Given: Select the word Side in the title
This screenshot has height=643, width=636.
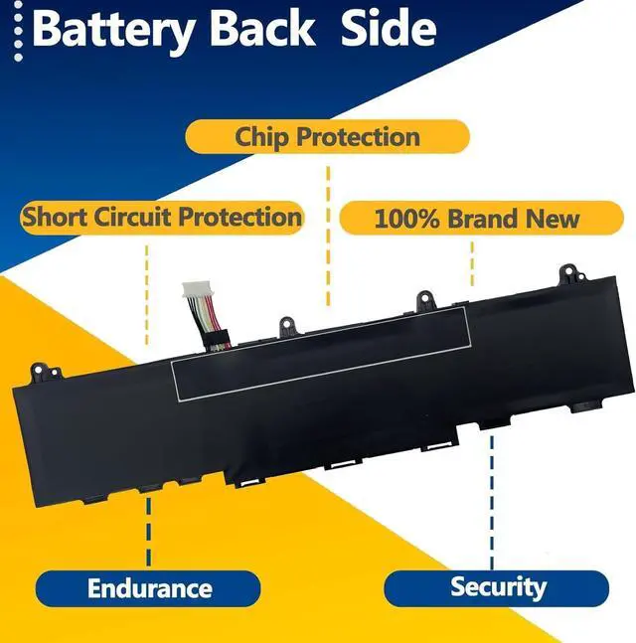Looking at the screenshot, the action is [x=388, y=29].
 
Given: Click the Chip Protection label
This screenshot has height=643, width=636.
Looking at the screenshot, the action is [x=327, y=137].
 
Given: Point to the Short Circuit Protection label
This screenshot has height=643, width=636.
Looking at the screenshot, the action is [x=162, y=217].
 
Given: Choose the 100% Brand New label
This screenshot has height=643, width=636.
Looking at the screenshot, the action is [x=476, y=218].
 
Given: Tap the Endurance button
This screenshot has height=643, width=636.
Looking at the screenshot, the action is [x=149, y=587].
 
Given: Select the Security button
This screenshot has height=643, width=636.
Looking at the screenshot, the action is [x=497, y=586].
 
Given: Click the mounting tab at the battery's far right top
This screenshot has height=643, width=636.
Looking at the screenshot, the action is [x=567, y=273].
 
